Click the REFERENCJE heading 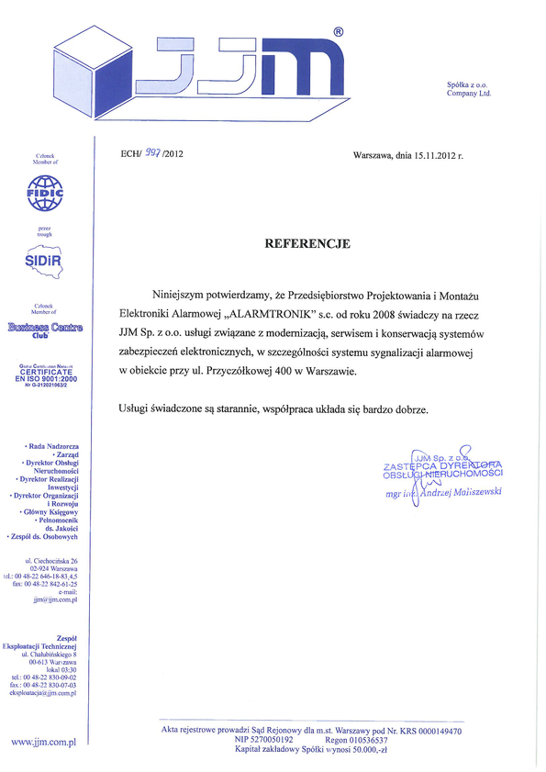[x=306, y=243]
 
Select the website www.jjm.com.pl [x=42, y=739]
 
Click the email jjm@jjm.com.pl [x=54, y=599]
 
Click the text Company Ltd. [x=469, y=94]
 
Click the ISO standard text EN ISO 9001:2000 [x=44, y=377]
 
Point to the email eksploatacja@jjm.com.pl [x=42, y=693]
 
